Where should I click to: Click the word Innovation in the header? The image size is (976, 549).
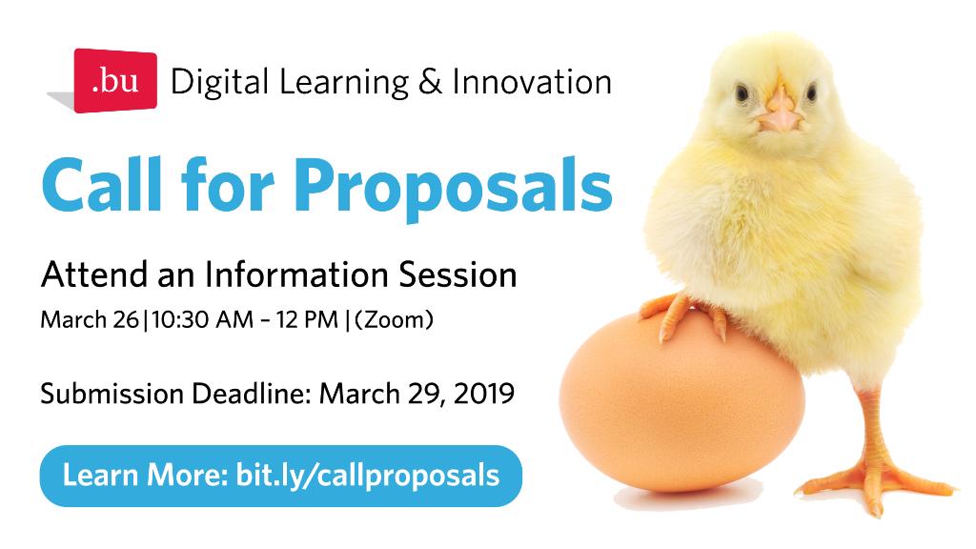(532, 82)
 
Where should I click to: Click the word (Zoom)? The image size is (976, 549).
(394, 320)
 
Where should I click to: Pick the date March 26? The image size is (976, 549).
(89, 320)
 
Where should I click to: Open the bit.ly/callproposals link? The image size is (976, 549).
(368, 475)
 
